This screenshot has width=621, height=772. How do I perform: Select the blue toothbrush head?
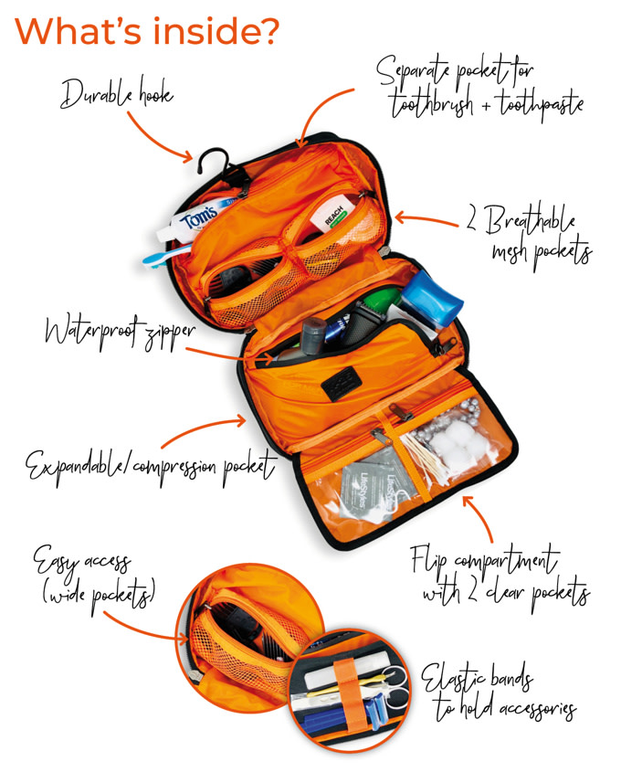(153, 259)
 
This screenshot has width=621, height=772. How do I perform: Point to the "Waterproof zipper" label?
(120, 331)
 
